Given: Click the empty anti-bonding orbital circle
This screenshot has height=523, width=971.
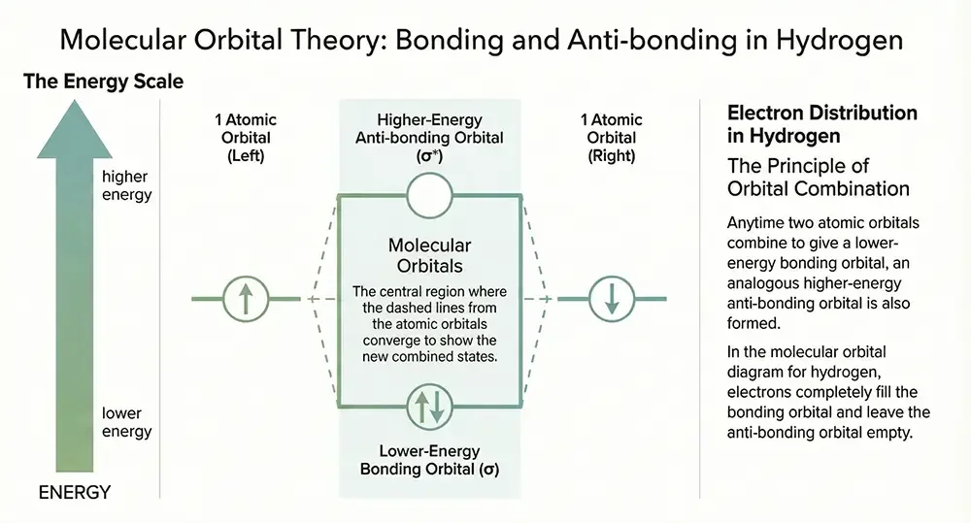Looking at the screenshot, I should (x=429, y=195).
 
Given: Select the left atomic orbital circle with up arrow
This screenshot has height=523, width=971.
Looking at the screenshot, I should (x=246, y=298).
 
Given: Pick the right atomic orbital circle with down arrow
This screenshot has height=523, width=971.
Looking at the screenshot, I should (x=611, y=298).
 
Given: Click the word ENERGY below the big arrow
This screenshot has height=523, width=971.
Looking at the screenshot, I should (x=74, y=493).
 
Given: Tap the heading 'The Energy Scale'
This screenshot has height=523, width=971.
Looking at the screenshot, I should (x=104, y=82).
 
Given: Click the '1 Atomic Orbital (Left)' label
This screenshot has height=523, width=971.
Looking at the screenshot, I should (x=246, y=137).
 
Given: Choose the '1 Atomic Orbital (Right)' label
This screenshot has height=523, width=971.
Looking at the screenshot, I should (x=612, y=137).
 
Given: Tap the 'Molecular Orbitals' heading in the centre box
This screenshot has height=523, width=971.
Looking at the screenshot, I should (x=429, y=255).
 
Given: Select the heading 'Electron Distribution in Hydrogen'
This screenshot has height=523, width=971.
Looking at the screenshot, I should (x=821, y=124).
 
